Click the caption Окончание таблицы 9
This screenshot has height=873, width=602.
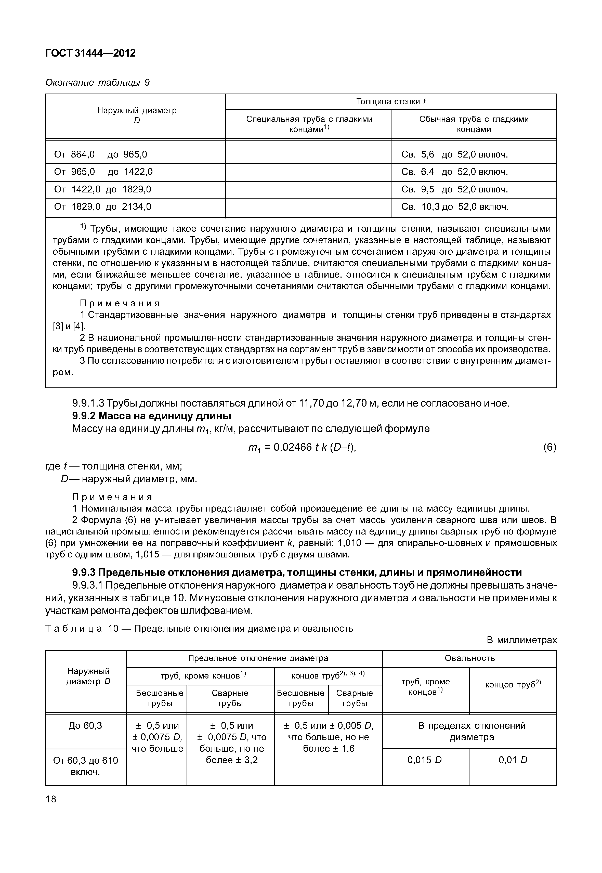(97, 82)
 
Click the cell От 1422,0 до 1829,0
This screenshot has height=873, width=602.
(103, 189)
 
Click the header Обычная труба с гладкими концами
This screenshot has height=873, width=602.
(474, 124)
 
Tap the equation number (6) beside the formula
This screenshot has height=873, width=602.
(549, 447)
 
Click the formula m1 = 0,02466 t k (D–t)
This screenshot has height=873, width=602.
(302, 447)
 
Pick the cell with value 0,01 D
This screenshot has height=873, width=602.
(513, 760)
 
